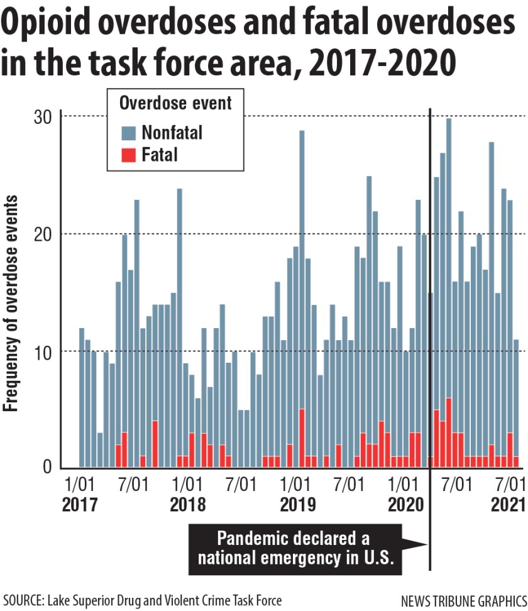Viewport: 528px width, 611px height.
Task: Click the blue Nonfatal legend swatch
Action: click(128, 133)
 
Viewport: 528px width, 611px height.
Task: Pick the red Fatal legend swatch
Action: click(128, 154)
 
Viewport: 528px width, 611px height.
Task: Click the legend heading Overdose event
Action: click(175, 102)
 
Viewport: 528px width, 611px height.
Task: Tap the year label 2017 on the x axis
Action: click(80, 505)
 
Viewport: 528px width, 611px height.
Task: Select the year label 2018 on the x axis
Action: click(187, 505)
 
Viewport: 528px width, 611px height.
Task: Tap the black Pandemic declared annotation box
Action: click(293, 548)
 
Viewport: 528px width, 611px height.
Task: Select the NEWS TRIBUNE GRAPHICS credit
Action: click(463, 600)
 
